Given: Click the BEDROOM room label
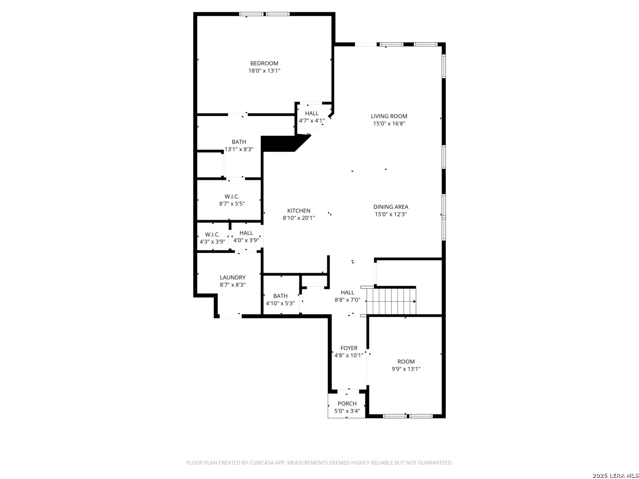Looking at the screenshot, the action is tap(264, 63).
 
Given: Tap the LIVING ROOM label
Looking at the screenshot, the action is tap(389, 116).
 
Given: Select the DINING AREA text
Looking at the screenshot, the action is tap(390, 207).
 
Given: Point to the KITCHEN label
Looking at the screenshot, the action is tap(299, 211).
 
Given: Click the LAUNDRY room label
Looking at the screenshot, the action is tap(233, 278).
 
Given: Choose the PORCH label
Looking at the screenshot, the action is tap(347, 404).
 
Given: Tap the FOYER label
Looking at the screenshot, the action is tap(349, 348).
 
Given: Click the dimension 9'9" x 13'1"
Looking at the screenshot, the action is tap(406, 369).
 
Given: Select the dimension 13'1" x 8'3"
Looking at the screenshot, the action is tap(239, 149).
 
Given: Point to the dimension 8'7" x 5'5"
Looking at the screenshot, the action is tap(232, 204).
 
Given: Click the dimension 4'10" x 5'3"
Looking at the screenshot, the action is tap(280, 303).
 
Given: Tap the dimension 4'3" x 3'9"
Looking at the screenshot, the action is tap(213, 241).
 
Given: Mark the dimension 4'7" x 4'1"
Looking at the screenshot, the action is tap(312, 120).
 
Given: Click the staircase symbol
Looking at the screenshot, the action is tap(391, 301).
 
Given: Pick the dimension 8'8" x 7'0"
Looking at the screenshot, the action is tap(347, 299).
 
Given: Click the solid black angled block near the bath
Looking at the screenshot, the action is tap(282, 143).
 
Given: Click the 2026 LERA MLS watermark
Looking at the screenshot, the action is tap(615, 475).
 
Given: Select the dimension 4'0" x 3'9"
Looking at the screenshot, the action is tap(246, 240).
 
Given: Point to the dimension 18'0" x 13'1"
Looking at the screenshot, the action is tap(264, 71).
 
